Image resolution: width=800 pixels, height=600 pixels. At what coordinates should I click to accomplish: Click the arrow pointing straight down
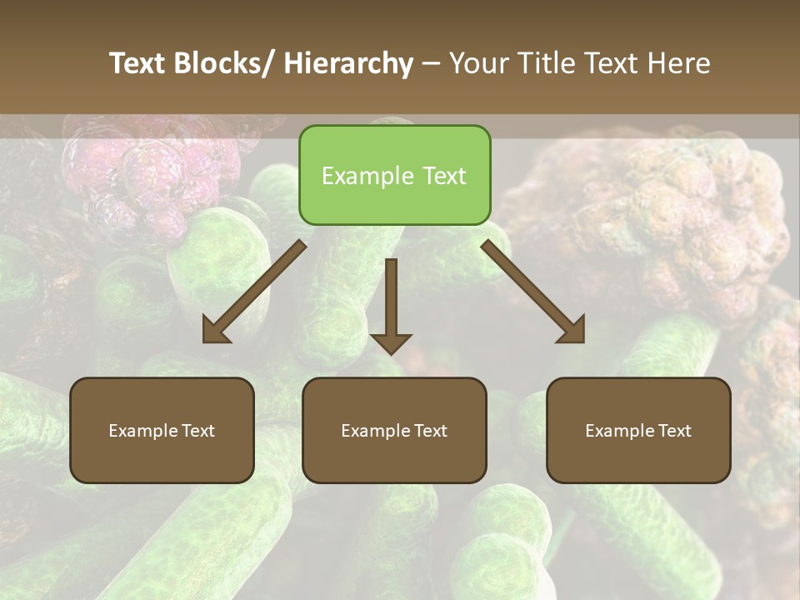click(391, 304)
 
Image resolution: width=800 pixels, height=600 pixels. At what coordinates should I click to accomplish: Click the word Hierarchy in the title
click(347, 63)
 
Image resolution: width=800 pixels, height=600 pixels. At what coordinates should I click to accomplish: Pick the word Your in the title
click(479, 63)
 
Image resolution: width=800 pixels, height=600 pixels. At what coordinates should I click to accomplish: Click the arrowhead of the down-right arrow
click(573, 332)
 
